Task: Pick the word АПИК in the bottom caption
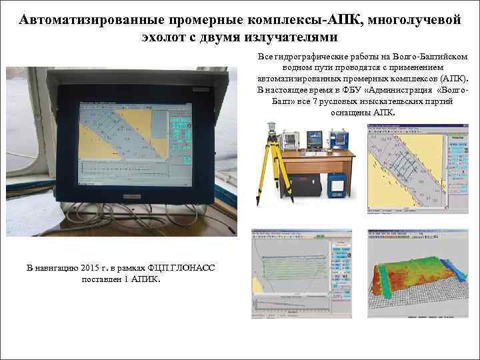coord(145,279)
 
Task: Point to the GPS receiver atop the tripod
coord(271,128)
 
